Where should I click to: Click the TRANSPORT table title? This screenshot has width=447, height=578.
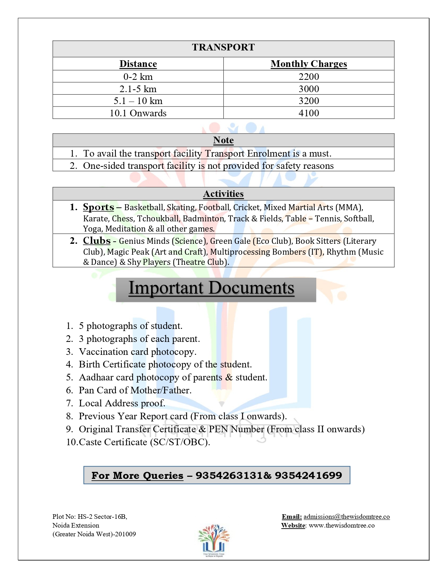tap(223, 47)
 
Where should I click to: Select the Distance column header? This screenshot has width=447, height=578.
tap(138, 64)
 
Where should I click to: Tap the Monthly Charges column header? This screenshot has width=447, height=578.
tap(309, 64)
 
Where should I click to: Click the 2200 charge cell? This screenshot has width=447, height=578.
tap(309, 76)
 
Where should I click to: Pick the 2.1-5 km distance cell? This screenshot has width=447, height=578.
tap(138, 89)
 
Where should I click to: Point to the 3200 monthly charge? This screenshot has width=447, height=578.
tap(309, 101)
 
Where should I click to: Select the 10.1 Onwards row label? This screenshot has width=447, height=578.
tap(138, 113)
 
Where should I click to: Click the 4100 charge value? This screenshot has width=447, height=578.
tap(309, 113)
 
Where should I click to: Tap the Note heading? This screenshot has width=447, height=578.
tap(223, 140)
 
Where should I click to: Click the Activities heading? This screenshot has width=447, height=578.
tap(223, 194)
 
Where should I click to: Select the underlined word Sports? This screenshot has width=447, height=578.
tap(99, 207)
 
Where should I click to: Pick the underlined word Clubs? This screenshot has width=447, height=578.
tap(97, 241)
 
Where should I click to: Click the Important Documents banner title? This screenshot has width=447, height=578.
tap(211, 289)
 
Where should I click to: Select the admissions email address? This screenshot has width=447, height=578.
tap(346, 517)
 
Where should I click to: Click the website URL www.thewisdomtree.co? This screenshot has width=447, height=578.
tap(341, 525)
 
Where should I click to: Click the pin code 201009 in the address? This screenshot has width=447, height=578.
tap(125, 534)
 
